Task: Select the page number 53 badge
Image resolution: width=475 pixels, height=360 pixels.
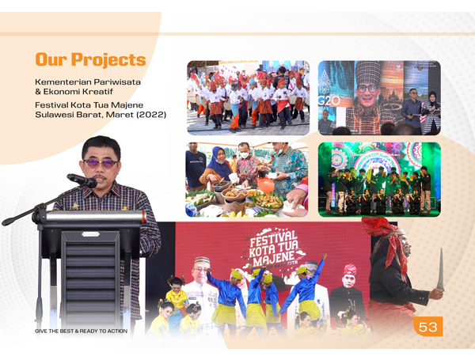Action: tap(427, 327)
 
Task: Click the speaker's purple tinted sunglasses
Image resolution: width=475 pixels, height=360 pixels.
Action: tap(101, 164)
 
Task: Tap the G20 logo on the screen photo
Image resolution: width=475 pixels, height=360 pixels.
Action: tap(329, 101)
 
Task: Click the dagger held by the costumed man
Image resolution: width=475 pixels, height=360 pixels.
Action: tap(440, 270)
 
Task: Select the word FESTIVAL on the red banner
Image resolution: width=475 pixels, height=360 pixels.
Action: tap(272, 239)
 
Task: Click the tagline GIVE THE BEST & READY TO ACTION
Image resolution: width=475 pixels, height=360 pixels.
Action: tap(82, 332)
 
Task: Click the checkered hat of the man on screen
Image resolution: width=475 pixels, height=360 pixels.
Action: tap(368, 72)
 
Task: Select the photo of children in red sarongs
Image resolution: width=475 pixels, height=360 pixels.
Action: tap(248, 97)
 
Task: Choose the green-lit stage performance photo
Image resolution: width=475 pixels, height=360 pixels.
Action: tap(379, 180)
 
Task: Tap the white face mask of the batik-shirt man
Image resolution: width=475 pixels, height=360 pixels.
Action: tap(245, 155)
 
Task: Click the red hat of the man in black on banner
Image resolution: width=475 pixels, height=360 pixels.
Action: tap(349, 270)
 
